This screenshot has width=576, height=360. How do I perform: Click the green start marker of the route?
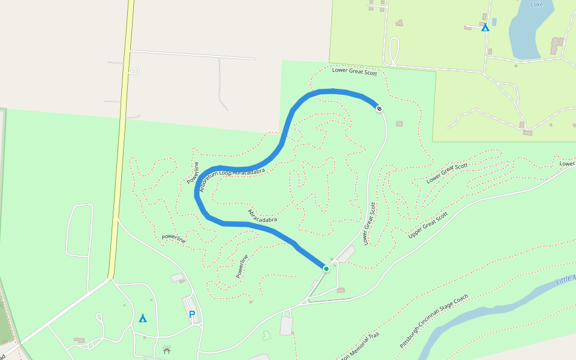[326, 268]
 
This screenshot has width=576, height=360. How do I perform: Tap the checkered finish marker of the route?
[379, 109]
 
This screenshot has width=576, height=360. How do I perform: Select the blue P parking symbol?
[192, 314]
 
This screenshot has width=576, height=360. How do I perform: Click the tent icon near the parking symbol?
[143, 318]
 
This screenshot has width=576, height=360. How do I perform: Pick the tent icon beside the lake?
[485, 27]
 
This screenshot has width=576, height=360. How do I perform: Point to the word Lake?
[537, 4]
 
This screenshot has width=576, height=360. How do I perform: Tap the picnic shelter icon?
[166, 349]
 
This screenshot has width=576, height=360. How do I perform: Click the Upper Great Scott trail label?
[428, 225]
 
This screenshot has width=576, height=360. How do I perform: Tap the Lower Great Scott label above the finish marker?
[354, 73]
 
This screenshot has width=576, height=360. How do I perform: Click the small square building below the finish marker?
[400, 124]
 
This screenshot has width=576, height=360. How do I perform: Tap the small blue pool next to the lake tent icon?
[494, 22]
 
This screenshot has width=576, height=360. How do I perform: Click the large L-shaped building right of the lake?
[557, 46]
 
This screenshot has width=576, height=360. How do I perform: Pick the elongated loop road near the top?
[394, 51]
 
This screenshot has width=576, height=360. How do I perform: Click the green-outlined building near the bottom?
[266, 335]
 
